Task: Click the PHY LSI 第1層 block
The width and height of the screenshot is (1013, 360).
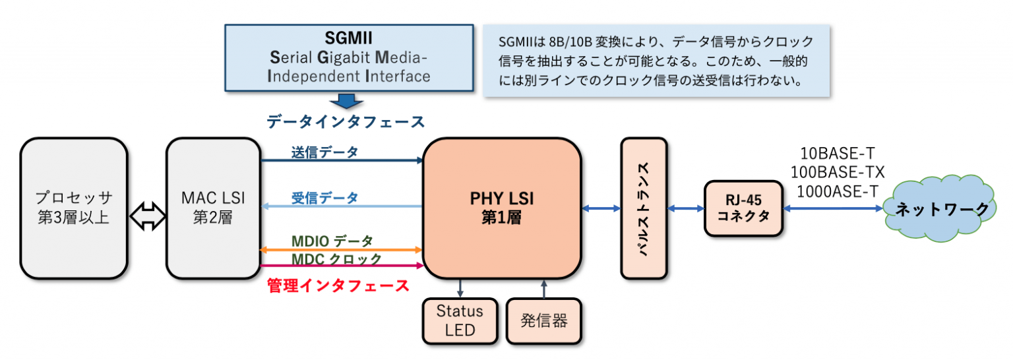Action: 501,208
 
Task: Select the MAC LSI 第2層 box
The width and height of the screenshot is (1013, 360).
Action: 213,208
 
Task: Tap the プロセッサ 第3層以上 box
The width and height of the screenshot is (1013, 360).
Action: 73,208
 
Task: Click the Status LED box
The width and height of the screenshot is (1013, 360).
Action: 460,320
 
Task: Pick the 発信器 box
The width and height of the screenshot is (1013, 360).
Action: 543,321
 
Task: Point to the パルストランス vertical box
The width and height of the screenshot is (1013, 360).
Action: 644,208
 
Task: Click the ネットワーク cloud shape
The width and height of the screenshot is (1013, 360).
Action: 940,209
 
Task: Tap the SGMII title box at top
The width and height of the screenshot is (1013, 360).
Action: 349,57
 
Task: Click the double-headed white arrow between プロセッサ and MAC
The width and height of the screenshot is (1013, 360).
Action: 146,216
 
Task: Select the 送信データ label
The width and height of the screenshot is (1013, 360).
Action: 324,152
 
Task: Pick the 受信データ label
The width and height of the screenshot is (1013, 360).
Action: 324,197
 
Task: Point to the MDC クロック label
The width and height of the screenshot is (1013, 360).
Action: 336,259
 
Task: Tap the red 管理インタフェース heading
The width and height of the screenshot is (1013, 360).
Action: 338,285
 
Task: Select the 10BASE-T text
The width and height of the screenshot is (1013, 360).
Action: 837,154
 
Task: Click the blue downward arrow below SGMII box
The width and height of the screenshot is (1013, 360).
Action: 346,101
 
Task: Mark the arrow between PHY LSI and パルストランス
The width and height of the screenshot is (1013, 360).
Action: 601,208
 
